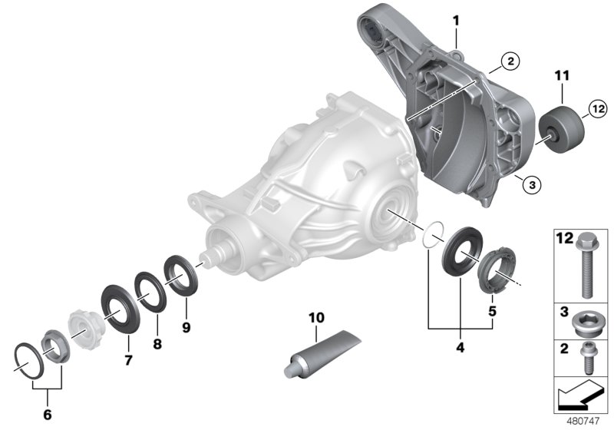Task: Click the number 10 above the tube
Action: point(315,318)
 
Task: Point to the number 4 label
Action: point(459,346)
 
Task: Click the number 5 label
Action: point(492,312)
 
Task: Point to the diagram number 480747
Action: point(586,421)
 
